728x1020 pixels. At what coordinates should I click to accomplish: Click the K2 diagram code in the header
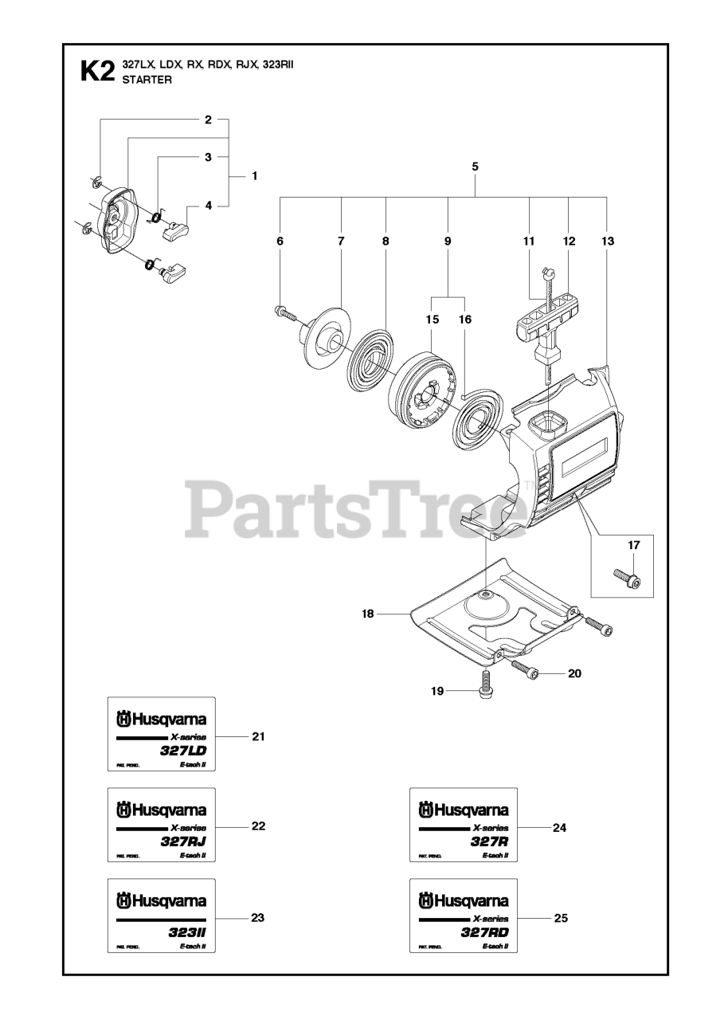(x=96, y=73)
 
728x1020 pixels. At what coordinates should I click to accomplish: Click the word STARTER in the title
(x=146, y=80)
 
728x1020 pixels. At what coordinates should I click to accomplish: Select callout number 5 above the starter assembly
(x=475, y=167)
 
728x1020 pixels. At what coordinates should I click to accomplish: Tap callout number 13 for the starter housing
(x=608, y=240)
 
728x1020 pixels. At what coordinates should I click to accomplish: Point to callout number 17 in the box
(x=633, y=545)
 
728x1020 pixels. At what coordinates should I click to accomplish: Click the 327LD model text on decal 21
(x=185, y=751)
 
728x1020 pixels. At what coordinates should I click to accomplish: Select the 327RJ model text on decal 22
(x=185, y=842)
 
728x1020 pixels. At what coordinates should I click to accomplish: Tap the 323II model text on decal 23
(x=188, y=933)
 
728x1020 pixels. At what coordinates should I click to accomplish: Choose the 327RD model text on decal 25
(x=486, y=933)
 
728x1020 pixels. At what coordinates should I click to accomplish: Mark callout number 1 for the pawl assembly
(x=254, y=175)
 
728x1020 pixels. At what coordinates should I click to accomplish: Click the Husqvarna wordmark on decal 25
(x=470, y=901)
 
